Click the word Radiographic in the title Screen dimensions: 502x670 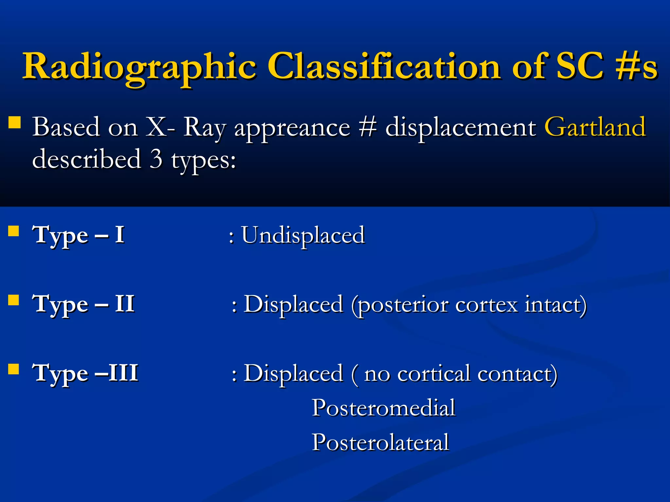coord(139,67)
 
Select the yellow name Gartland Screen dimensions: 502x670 coord(595,127)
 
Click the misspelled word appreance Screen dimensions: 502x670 coord(292,127)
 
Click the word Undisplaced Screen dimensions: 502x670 coord(303,235)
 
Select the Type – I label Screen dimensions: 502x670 coord(78,235)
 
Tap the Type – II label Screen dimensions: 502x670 coord(83,304)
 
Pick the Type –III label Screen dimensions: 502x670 coord(85,373)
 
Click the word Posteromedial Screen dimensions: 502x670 coord(383,408)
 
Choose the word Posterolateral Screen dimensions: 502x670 coord(380,442)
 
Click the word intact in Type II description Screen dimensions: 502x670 coord(555,304)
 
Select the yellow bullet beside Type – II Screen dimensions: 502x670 coord(13,300)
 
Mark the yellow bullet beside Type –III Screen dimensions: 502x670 coord(13,369)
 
